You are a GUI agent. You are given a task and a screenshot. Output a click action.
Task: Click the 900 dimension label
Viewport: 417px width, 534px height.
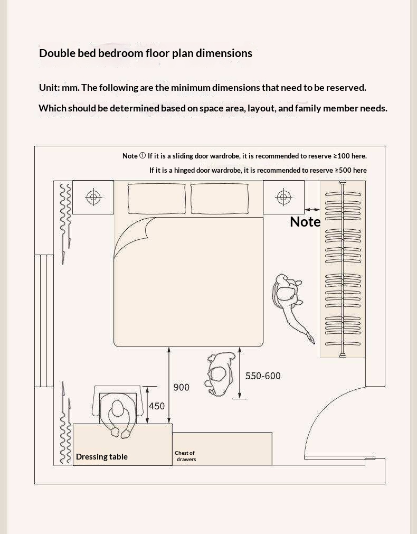(181, 388)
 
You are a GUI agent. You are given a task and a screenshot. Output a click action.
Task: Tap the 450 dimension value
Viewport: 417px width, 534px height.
(156, 406)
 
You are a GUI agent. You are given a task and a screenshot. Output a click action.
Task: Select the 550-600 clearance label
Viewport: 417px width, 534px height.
(263, 376)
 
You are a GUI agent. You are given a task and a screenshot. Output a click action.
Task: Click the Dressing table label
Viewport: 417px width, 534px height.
(102, 457)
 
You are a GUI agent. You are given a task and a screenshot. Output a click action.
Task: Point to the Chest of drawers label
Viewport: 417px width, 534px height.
(185, 456)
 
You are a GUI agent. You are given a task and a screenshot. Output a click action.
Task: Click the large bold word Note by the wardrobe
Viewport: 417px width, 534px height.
(305, 222)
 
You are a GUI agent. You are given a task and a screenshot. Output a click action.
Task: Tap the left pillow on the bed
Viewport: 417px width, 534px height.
(157, 199)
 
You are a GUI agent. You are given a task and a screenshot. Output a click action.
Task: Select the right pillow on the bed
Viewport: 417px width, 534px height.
(219, 199)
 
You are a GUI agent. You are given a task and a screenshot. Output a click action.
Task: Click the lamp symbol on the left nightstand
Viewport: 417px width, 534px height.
(93, 198)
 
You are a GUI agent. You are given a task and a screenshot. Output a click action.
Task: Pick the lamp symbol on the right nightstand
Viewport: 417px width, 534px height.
(283, 198)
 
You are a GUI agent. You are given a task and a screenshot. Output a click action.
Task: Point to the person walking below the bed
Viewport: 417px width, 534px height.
(220, 372)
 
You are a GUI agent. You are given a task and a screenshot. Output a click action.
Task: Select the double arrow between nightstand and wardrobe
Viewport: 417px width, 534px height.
(312, 210)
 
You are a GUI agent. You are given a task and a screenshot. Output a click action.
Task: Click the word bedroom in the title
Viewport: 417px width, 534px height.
(124, 53)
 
